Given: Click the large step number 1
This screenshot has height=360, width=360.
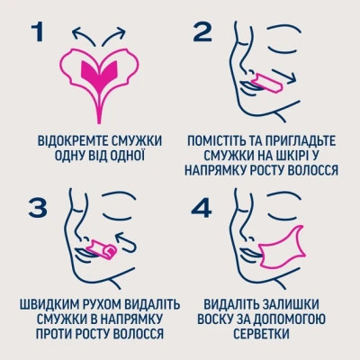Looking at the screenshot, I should click(x=37, y=33).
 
